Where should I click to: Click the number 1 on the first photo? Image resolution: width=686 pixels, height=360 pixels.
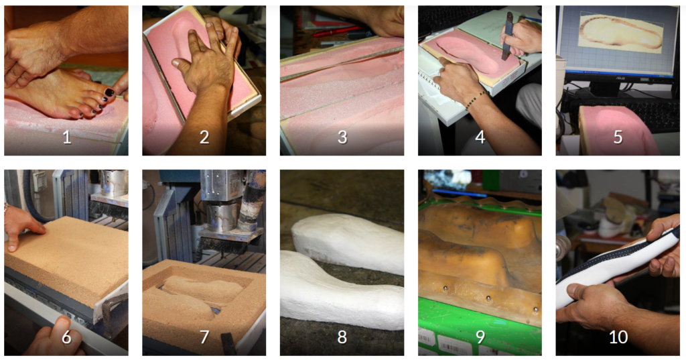click(66, 137)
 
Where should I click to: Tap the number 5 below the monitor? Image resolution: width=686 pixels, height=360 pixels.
click(618, 137)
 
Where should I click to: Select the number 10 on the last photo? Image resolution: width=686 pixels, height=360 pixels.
click(618, 337)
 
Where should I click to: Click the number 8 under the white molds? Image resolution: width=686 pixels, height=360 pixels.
click(342, 337)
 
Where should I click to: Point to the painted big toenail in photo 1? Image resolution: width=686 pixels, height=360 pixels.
click(109, 93)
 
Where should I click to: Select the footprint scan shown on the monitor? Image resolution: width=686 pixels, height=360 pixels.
click(621, 32)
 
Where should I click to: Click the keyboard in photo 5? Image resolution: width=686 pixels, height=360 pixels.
click(630, 110)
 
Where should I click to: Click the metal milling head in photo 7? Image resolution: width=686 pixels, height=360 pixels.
click(223, 215)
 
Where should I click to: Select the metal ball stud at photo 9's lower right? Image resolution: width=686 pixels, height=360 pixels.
click(535, 310)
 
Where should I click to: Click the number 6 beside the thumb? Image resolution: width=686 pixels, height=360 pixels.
click(66, 337)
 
